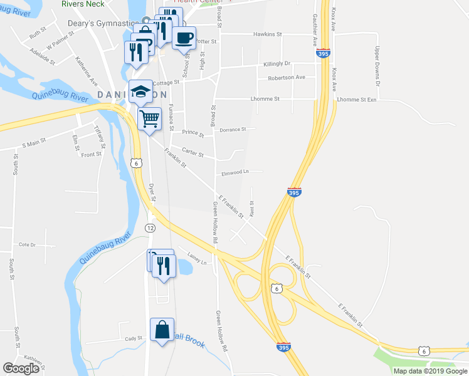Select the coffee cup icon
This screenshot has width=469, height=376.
click(184, 38)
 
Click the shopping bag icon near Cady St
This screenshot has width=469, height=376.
click(162, 329)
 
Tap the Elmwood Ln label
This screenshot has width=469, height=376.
click(235, 173)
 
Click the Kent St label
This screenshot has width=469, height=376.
click(251, 208)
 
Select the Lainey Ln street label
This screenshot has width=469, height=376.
click(197, 258)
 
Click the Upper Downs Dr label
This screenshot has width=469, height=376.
click(378, 65)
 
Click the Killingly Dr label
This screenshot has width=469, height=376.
click(277, 64)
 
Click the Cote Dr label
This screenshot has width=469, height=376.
click(28, 244)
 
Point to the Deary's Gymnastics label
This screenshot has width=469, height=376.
click(102, 23)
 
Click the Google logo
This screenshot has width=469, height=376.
click(21, 368)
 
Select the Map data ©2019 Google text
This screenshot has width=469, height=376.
click(429, 371)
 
